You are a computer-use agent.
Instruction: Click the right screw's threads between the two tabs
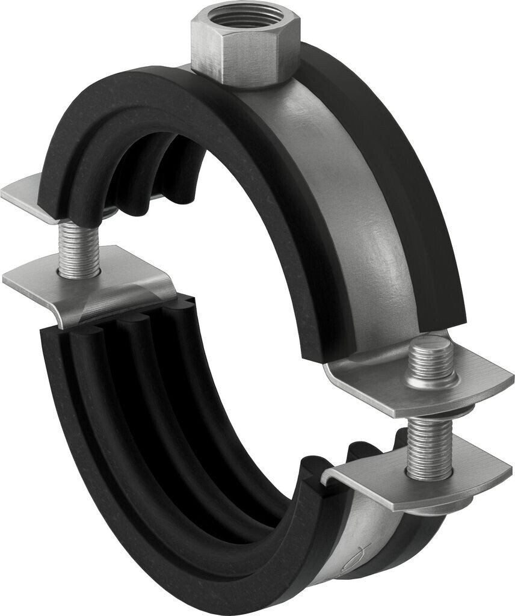pos(428,448)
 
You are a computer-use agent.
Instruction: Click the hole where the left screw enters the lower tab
pos(78,274)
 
